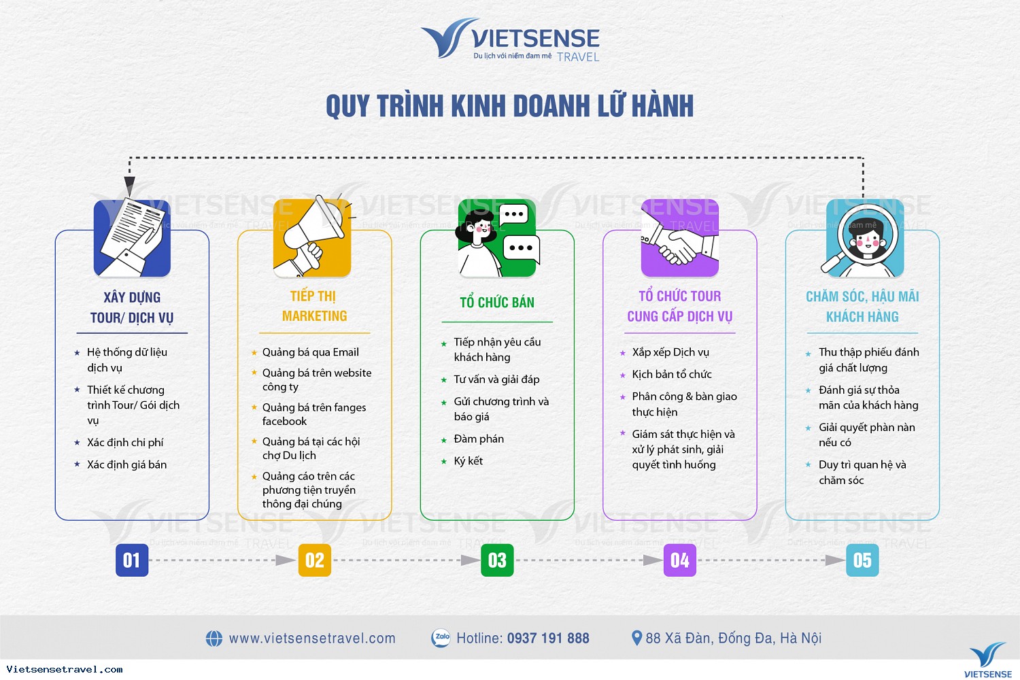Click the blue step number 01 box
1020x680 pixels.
coord(132,560)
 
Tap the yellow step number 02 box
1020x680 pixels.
coord(315,560)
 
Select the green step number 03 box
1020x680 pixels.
coord(497,560)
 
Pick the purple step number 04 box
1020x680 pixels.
coord(680,560)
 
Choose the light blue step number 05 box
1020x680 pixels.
coord(862,560)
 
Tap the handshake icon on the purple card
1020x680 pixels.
coord(680,238)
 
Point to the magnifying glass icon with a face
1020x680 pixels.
coord(864,238)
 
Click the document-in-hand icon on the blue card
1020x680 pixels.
coord(132,237)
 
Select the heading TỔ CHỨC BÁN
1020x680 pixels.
coord(497,303)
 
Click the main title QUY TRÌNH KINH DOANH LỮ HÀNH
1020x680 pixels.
coord(510,105)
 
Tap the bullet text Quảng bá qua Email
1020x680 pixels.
coord(311,352)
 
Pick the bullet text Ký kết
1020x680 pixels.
coord(468,461)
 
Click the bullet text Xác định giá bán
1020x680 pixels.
coord(127,464)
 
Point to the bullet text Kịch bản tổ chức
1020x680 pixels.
coord(672,375)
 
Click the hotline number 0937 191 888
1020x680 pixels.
coord(548,638)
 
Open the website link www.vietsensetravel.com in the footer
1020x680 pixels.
coord(312,638)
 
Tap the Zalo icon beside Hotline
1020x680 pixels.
coord(441,638)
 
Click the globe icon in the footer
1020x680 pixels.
coord(214,639)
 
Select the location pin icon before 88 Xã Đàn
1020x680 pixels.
coord(637,638)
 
